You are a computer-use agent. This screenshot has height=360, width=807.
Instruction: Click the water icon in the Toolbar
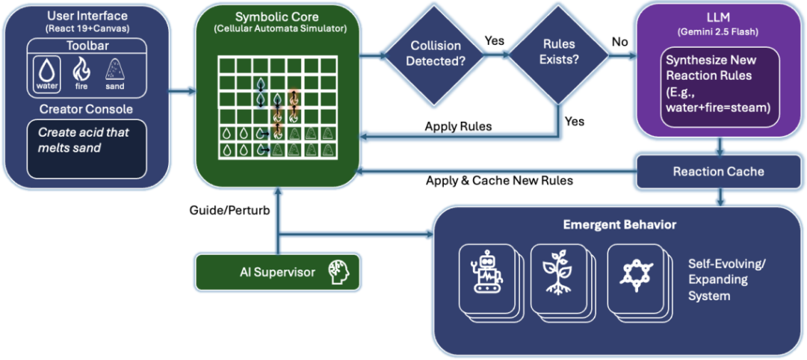point(47,73)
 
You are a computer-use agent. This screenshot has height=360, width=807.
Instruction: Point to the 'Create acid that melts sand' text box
point(86,149)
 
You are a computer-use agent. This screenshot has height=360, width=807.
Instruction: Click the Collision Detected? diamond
point(433,54)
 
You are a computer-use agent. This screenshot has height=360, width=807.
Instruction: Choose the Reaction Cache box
point(718,171)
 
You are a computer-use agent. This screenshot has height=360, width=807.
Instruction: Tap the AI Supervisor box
point(277,272)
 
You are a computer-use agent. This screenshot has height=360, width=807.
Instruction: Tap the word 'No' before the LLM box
point(620,43)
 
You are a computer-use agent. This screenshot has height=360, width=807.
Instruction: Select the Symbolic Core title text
point(277,16)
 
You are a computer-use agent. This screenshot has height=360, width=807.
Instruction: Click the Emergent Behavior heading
point(619,224)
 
